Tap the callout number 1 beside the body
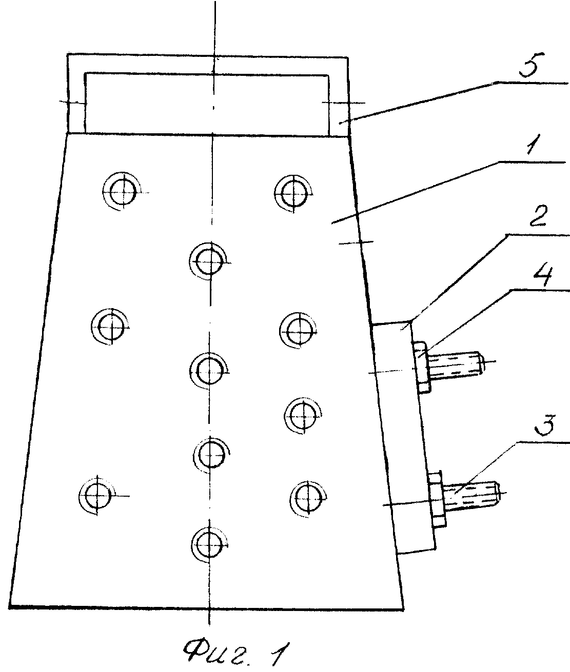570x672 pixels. tap(534, 145)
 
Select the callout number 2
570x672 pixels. tap(538, 216)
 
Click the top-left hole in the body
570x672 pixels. tap(122, 192)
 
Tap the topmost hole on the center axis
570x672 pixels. tap(210, 261)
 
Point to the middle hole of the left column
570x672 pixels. tap(110, 327)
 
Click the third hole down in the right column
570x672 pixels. tap(303, 415)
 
